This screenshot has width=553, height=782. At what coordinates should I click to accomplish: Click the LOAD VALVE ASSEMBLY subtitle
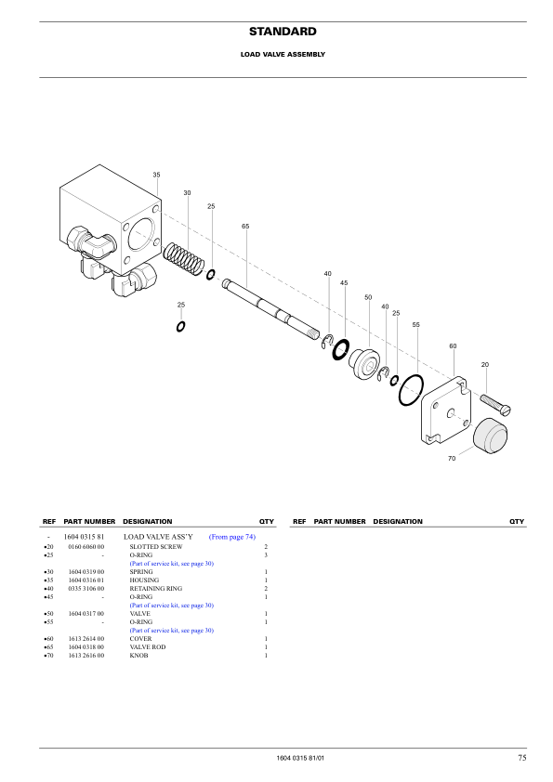(283, 55)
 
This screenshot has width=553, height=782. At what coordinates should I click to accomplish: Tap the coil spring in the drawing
(183, 257)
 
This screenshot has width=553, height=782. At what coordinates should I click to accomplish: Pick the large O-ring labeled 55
(412, 390)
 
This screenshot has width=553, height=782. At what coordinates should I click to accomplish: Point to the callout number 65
(245, 227)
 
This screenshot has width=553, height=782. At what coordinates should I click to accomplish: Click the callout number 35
(156, 175)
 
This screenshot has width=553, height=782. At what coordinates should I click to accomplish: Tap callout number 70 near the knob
(452, 459)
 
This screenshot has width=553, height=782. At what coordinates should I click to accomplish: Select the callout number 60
(453, 345)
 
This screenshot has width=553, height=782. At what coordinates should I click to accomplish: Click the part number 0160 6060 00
(86, 547)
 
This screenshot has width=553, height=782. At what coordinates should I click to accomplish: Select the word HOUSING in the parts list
(143, 580)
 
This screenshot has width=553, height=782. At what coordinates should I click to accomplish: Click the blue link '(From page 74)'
(232, 537)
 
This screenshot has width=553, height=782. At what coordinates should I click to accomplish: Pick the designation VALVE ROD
(148, 646)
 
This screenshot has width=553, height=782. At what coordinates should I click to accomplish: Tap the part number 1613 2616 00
(86, 656)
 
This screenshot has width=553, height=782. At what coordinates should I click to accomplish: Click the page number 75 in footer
(522, 759)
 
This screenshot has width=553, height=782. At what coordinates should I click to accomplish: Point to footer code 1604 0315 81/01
(300, 760)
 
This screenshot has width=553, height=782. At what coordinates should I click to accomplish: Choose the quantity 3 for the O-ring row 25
(266, 555)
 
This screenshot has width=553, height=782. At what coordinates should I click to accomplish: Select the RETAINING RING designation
(155, 588)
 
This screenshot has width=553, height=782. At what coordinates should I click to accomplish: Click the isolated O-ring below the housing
(180, 325)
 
